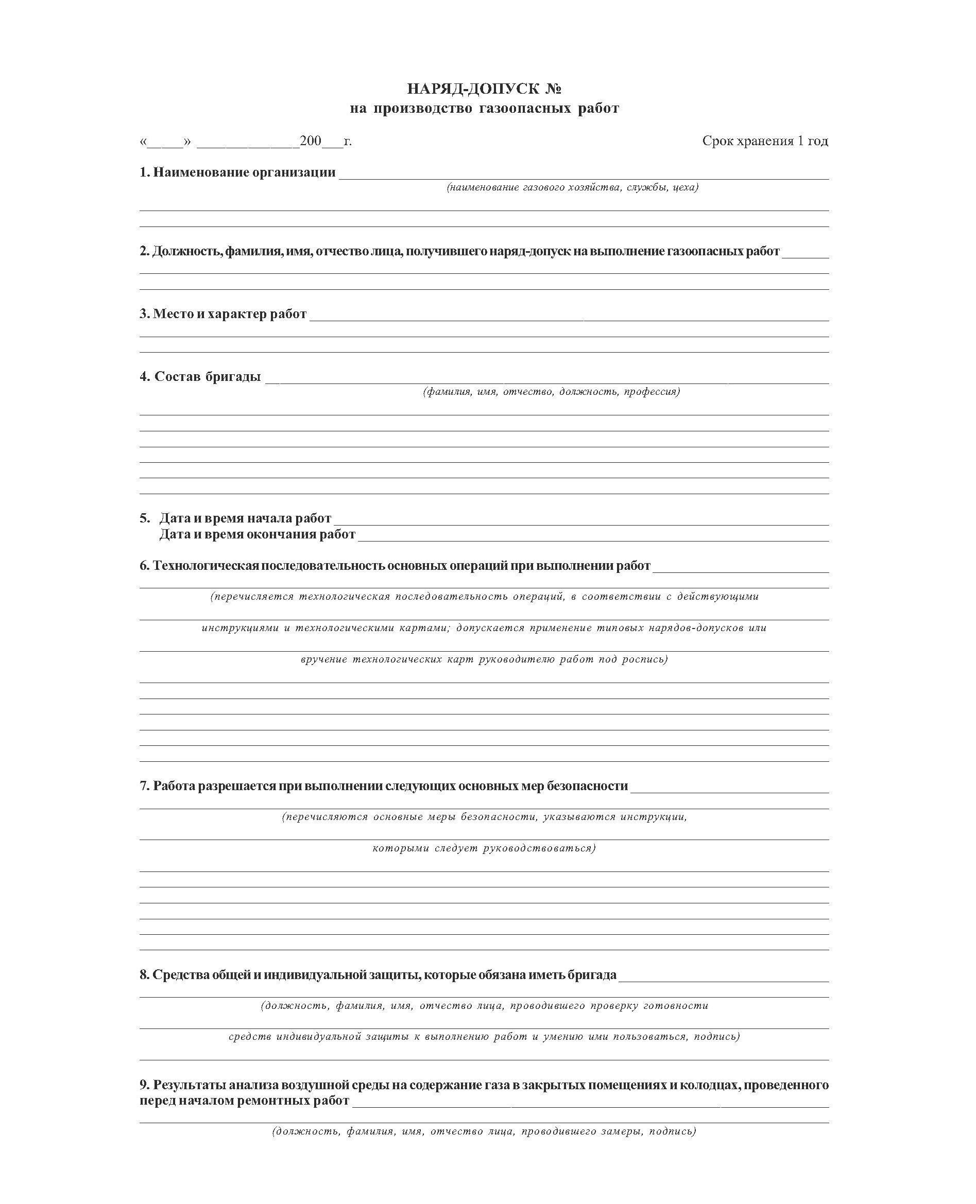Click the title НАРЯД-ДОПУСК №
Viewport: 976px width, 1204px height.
click(x=484, y=89)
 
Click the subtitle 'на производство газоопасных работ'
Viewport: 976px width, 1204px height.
click(x=484, y=109)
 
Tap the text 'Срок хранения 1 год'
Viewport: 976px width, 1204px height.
click(x=765, y=141)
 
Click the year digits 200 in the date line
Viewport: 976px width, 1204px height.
click(x=311, y=141)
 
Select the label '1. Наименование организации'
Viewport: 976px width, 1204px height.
click(x=237, y=172)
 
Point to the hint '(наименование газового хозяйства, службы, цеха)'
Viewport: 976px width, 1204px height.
click(x=572, y=187)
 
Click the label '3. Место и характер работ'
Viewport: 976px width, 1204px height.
click(x=223, y=314)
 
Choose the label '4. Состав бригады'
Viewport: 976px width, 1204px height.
click(x=200, y=377)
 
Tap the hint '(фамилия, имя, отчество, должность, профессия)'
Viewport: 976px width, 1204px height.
click(x=551, y=392)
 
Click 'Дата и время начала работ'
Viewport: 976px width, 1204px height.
click(x=245, y=518)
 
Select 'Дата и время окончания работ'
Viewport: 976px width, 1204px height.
click(x=257, y=534)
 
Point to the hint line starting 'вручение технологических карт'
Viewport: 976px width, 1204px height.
click(x=484, y=659)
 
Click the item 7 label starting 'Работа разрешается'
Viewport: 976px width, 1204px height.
click(x=383, y=786)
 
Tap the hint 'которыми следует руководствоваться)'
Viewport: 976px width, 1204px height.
click(x=484, y=848)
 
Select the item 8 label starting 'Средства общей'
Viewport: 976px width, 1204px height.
click(x=378, y=975)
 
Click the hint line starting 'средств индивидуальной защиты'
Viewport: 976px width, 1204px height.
click(x=484, y=1037)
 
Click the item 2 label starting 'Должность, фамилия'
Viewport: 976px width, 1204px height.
click(x=459, y=251)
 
